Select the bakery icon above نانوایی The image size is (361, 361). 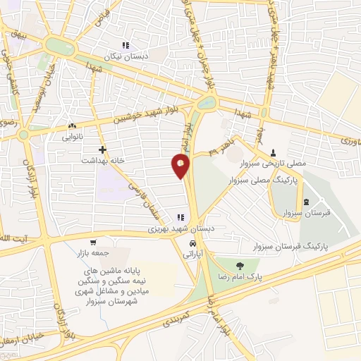[x=72, y=126]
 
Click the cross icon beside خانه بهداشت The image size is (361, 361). [x=103, y=149]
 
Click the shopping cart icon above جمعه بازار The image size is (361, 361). [x=93, y=240]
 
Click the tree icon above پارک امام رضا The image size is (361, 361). [x=240, y=266]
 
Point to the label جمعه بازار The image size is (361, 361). [x=93, y=251]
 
